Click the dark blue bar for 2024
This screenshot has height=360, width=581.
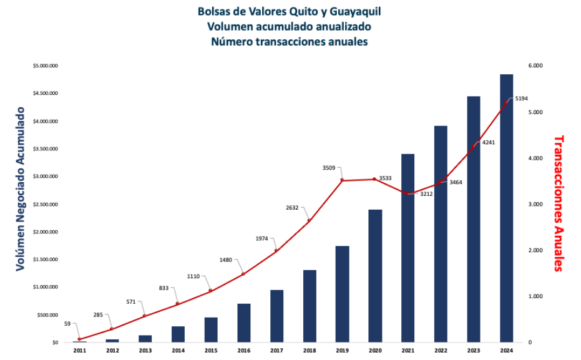(506, 208)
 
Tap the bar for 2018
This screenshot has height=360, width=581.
(310, 306)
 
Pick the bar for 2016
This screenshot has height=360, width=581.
(244, 323)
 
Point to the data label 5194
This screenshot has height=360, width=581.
(522, 99)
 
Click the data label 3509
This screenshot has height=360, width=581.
(328, 168)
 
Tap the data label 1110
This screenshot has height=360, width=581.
(195, 276)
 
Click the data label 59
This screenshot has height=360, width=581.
(67, 324)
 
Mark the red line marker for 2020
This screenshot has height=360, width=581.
(374, 179)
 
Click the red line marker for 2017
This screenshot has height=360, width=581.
(276, 251)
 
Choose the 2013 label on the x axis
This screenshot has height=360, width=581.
(145, 351)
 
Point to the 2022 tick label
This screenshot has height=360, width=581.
(441, 351)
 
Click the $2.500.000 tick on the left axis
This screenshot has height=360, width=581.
(45, 204)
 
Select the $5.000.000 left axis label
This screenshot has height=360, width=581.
(45, 66)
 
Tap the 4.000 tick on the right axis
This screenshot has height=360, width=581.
(535, 158)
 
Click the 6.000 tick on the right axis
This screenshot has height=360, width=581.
(535, 66)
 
